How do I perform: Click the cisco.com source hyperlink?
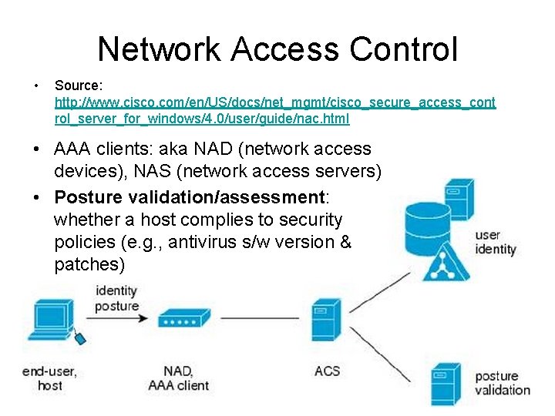pyautogui.click(x=275, y=110)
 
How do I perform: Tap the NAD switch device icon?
pyautogui.click(x=183, y=318)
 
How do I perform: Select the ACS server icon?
pyautogui.click(x=325, y=322)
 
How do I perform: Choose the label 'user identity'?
pyautogui.click(x=495, y=243)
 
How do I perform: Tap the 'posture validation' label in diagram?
pyautogui.click(x=502, y=383)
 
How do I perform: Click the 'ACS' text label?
pyautogui.click(x=328, y=371)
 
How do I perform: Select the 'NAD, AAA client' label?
pyautogui.click(x=178, y=377)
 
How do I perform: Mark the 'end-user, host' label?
pyautogui.click(x=50, y=377)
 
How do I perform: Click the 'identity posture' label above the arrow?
pyautogui.click(x=116, y=298)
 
